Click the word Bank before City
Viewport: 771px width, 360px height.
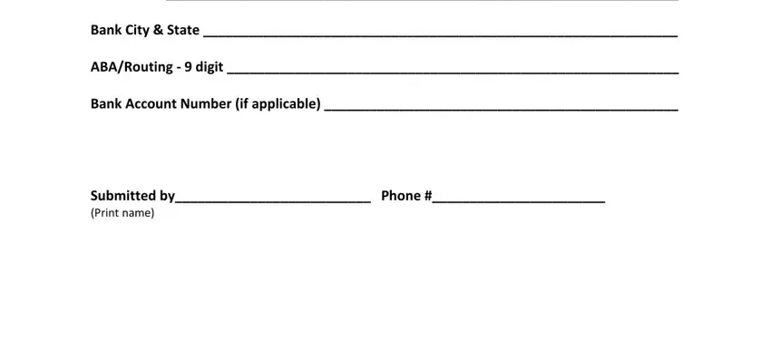pos(106,30)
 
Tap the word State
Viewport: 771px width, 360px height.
pos(182,30)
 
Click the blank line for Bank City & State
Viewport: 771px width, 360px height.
pos(440,32)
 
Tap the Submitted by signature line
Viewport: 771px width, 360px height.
pos(273,198)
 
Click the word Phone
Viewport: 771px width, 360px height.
pos(401,195)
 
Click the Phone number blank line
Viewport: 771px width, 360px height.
pos(519,198)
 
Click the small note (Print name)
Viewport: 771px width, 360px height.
pos(122,213)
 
